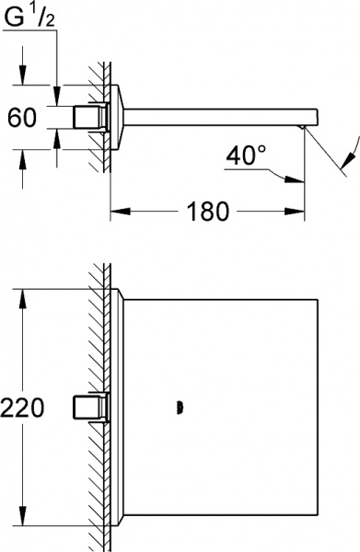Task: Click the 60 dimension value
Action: click(22, 117)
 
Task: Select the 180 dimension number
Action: click(208, 212)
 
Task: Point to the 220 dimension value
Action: click(22, 408)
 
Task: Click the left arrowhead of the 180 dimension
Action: click(121, 212)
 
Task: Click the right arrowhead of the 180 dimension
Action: click(295, 212)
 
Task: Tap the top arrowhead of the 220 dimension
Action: click(23, 299)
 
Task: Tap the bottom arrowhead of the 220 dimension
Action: click(23, 516)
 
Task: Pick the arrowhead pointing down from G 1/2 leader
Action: click(57, 96)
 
